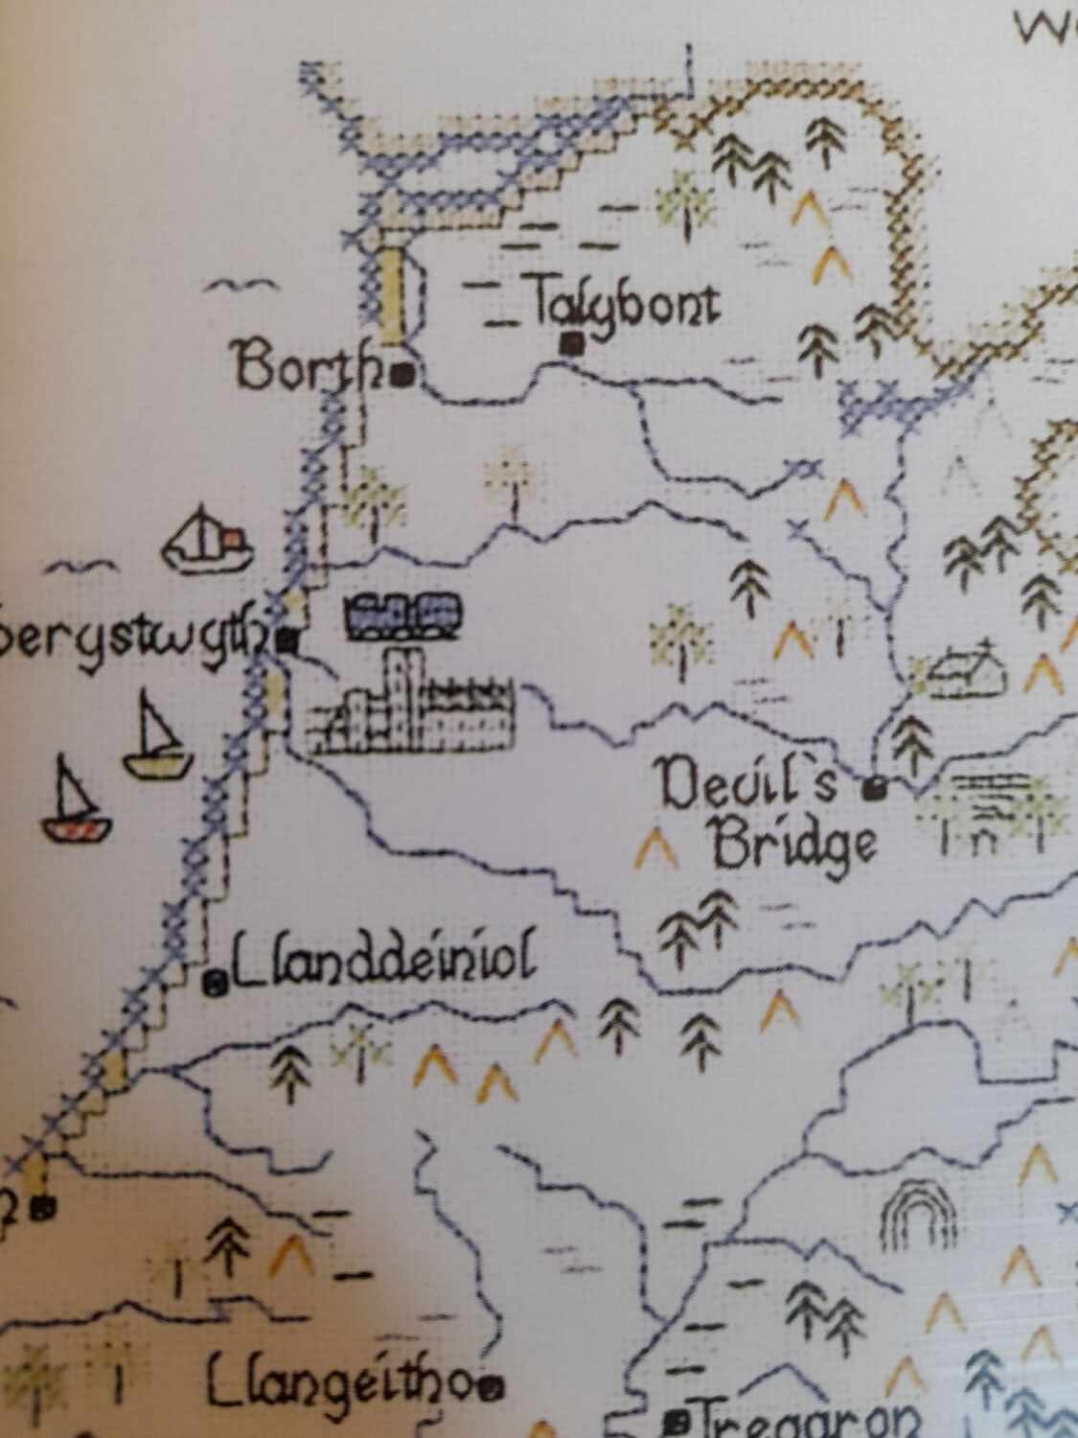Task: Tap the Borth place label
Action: point(307,367)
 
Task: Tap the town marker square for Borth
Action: point(402,373)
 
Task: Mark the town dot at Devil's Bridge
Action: point(872,789)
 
